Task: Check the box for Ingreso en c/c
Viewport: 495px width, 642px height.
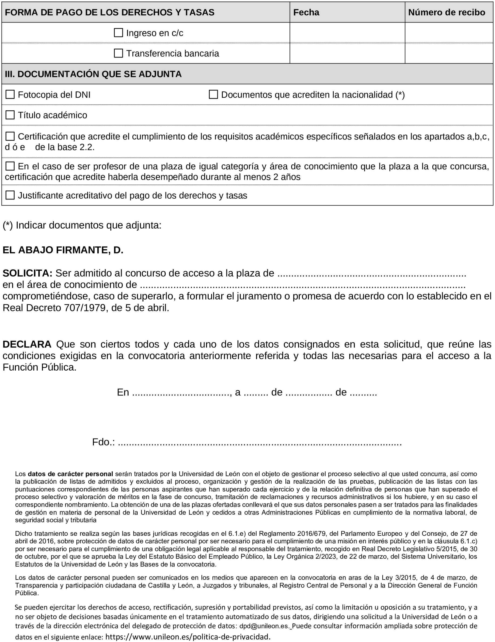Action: pos(118,33)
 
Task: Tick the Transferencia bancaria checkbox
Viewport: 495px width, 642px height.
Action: pos(118,53)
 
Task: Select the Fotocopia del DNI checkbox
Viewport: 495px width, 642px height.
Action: pos(10,94)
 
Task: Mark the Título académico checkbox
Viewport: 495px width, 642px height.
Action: pos(10,115)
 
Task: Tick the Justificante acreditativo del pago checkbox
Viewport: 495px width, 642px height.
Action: pos(10,195)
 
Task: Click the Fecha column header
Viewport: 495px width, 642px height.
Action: pos(306,12)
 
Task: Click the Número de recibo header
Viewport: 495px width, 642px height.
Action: pos(447,12)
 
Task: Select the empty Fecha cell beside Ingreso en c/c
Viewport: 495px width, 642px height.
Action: pos(347,33)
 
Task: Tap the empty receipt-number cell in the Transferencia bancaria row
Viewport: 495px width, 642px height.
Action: pos(449,53)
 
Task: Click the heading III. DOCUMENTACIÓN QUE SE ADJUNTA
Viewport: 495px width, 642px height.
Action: pos(93,74)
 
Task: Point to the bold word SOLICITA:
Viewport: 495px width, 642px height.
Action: pos(27,273)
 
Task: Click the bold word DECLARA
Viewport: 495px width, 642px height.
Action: pos(27,344)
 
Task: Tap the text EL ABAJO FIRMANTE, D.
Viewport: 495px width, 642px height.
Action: pos(63,250)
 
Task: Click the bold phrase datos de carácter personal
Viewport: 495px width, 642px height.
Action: pos(70,474)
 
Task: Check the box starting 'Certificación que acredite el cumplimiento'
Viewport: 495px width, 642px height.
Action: pos(10,136)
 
